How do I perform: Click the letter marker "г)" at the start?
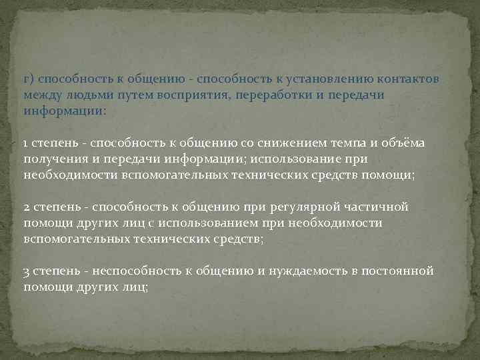(28, 79)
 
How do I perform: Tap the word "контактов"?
(407, 79)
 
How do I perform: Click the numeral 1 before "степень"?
(25, 143)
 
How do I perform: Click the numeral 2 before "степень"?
(26, 207)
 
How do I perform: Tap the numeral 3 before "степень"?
(26, 271)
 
